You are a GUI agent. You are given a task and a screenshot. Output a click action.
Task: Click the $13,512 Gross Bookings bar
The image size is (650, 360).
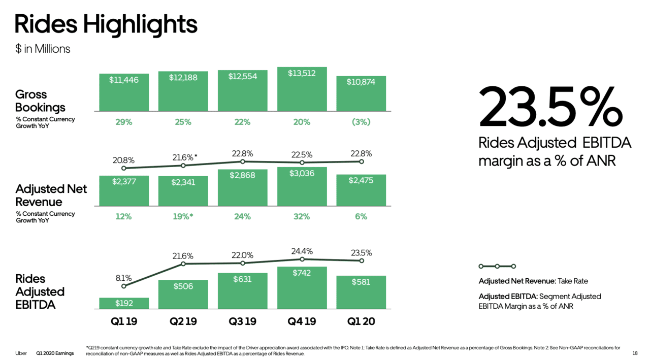pyautogui.click(x=302, y=89)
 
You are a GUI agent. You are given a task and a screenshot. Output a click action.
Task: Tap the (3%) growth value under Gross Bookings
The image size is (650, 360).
pyautogui.click(x=361, y=122)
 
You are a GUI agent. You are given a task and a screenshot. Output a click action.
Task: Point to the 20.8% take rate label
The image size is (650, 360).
pyautogui.click(x=123, y=160)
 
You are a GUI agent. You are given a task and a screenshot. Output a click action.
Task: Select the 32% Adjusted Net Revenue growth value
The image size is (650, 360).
pyautogui.click(x=302, y=217)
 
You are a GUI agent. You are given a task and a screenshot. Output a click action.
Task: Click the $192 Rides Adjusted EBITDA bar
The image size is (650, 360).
pyautogui.click(x=124, y=303)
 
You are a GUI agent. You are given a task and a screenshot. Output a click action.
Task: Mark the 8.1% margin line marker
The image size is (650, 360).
pyautogui.click(x=124, y=286)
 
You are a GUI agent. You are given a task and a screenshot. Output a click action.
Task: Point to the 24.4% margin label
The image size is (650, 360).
pyautogui.click(x=302, y=251)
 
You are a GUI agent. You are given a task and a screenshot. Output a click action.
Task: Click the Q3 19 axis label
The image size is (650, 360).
pyautogui.click(x=242, y=322)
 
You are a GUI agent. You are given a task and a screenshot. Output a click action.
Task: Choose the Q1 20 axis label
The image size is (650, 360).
pyautogui.click(x=361, y=322)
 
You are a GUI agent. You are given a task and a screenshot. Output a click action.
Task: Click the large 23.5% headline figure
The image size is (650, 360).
pyautogui.click(x=550, y=107)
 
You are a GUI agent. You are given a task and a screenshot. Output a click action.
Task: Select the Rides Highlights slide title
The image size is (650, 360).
pyautogui.click(x=106, y=24)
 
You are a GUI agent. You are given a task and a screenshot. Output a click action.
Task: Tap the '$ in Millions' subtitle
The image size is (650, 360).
pyautogui.click(x=43, y=49)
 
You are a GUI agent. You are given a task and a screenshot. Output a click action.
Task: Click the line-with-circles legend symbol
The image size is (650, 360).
pyautogui.click(x=497, y=266)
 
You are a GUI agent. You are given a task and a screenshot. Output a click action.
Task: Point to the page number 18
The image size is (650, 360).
pyautogui.click(x=635, y=353)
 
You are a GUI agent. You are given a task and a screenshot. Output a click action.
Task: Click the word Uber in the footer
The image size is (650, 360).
pyautogui.click(x=21, y=353)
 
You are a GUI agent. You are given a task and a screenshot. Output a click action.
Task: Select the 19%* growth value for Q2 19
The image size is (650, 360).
pyautogui.click(x=183, y=217)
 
